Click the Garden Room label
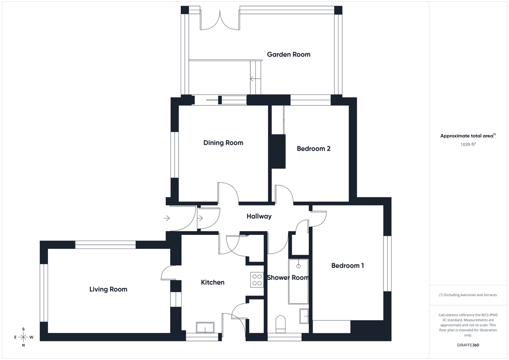tap(288, 54)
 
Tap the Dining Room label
tap(223, 142)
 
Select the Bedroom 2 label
tap(313, 148)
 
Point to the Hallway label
tap(259, 216)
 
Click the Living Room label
tap(108, 289)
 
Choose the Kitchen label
tap(213, 282)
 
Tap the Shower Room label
tap(288, 277)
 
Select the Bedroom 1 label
tap(347, 265)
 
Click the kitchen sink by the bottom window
tap(206, 327)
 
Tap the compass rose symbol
tap(23, 337)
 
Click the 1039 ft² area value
tap(468, 144)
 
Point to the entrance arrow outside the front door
tap(167, 218)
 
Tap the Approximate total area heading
tap(467, 136)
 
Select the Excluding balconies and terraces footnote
tap(468, 295)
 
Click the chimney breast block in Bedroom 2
tap(278, 151)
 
